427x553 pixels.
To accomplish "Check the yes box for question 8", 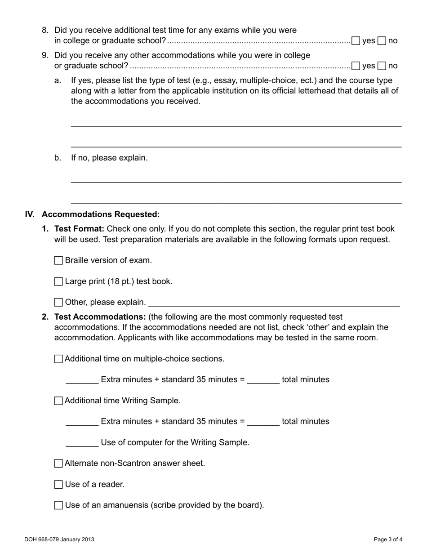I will tap(356, 41).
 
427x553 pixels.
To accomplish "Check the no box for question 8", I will tap(382, 41).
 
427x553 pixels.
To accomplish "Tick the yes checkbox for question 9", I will tap(356, 66).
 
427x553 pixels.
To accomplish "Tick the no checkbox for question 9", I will tap(382, 66).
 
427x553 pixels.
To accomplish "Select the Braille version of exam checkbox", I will tap(58, 261).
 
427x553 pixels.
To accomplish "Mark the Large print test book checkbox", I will tap(58, 282).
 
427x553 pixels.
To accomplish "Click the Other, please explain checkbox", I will tap(58, 303).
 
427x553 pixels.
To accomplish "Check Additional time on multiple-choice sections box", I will tap(58, 359).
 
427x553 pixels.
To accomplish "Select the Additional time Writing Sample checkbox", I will tap(58, 401).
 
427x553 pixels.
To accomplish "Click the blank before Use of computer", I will tap(82, 443).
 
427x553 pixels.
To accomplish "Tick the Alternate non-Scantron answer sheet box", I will tap(58, 464).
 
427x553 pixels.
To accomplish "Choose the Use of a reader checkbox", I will tap(58, 485).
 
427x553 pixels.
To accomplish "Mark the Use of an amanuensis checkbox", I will tap(58, 505).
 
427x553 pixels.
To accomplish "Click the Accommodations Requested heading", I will tap(100, 214).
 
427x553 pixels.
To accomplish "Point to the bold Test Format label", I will tap(79, 229).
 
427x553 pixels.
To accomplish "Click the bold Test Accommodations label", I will tap(100, 317).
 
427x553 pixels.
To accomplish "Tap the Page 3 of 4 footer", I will tap(388, 540).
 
